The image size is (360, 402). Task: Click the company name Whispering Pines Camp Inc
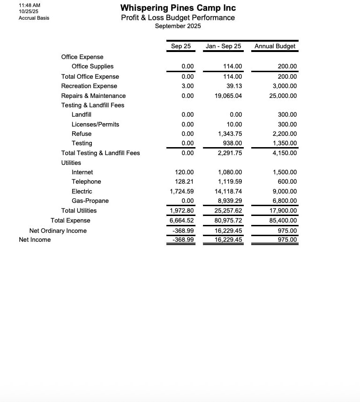(x=178, y=8)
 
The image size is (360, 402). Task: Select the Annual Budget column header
(x=275, y=46)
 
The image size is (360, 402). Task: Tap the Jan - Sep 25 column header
(x=224, y=46)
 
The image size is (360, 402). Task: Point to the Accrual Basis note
(x=34, y=18)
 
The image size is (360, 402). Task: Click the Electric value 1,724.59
(x=182, y=191)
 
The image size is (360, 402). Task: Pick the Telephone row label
(x=86, y=182)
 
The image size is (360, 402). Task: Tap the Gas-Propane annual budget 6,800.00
(x=285, y=201)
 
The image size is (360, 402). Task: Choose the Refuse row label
(x=82, y=134)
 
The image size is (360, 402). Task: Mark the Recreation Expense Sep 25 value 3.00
(x=187, y=86)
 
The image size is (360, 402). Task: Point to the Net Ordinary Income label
(x=58, y=231)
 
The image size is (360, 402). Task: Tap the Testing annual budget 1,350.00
(x=285, y=143)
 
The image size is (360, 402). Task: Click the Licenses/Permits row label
(x=95, y=125)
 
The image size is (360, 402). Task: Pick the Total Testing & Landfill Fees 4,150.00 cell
(x=285, y=153)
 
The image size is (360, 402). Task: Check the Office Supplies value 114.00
(x=232, y=67)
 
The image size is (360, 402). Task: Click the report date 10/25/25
(x=29, y=12)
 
